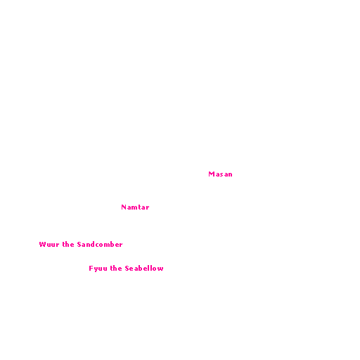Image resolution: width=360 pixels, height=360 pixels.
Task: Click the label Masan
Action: (x=220, y=174)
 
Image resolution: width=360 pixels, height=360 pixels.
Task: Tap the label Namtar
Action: (x=135, y=207)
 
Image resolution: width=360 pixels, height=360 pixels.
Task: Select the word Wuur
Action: (x=49, y=245)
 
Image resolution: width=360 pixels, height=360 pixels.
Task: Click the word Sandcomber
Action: (x=100, y=245)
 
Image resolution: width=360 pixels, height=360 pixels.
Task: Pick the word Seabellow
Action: (x=144, y=269)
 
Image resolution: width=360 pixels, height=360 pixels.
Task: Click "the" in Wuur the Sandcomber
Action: (x=68, y=245)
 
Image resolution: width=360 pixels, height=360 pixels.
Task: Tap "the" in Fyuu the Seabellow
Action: (x=116, y=269)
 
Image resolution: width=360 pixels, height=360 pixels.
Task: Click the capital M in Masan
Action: (x=212, y=174)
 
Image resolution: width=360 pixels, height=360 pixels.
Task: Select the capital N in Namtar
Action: (x=124, y=207)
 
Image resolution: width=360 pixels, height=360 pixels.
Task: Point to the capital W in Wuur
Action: (x=42, y=245)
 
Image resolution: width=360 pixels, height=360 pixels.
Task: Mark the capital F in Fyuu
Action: (x=91, y=269)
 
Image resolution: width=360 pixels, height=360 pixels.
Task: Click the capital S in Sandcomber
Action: (x=79, y=245)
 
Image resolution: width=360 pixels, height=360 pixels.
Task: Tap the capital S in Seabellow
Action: (x=127, y=269)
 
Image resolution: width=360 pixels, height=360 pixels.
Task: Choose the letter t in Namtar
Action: (x=139, y=207)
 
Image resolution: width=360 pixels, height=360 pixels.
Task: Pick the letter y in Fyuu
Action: (x=96, y=269)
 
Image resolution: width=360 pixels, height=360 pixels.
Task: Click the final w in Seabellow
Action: (x=160, y=269)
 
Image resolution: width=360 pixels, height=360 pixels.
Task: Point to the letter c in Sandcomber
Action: (x=96, y=245)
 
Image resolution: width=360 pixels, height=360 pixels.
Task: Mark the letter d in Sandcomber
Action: (x=92, y=245)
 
